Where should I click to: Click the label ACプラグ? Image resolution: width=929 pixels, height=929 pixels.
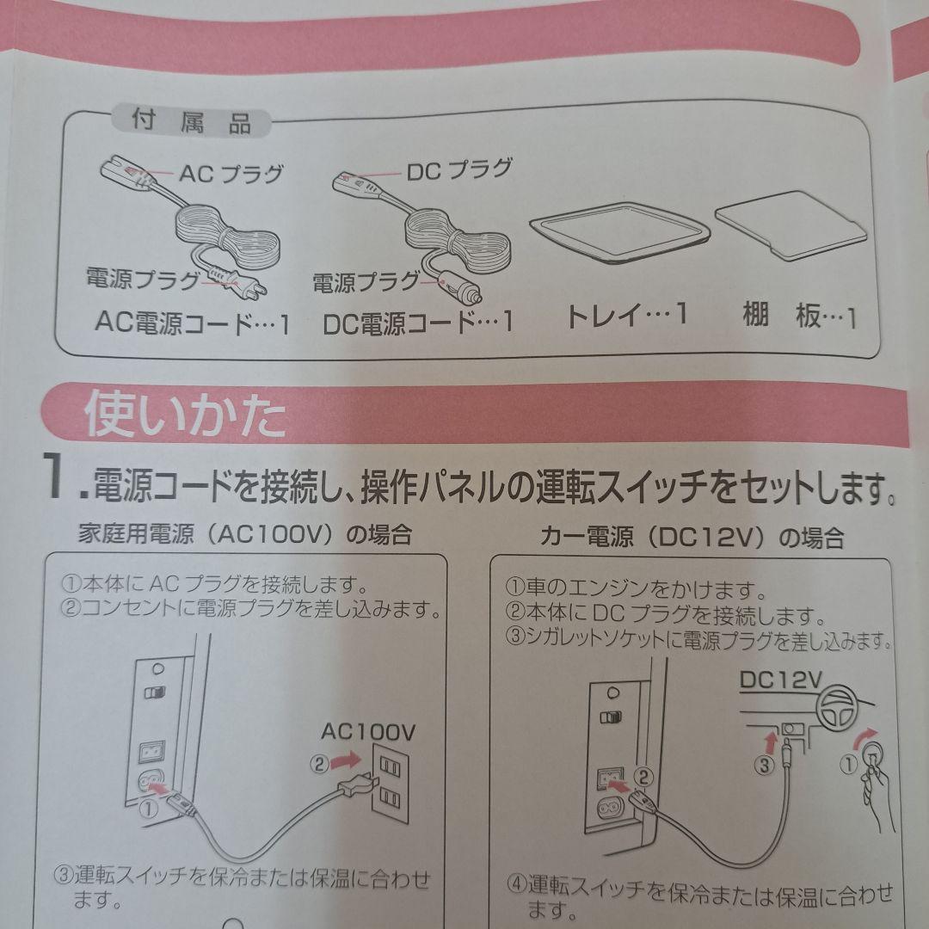pyautogui.click(x=231, y=174)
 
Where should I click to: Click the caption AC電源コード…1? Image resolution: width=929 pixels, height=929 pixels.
pyautogui.click(x=192, y=324)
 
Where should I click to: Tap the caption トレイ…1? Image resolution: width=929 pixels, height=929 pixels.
pyautogui.click(x=625, y=315)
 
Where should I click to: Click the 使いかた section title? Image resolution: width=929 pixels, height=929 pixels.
pyautogui.click(x=184, y=417)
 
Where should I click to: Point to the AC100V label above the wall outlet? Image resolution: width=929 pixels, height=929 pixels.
pyautogui.click(x=368, y=732)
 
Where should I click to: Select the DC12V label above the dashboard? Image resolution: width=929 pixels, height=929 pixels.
pyautogui.click(x=778, y=680)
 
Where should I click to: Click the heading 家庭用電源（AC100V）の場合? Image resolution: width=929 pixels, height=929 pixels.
pyautogui.click(x=245, y=536)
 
